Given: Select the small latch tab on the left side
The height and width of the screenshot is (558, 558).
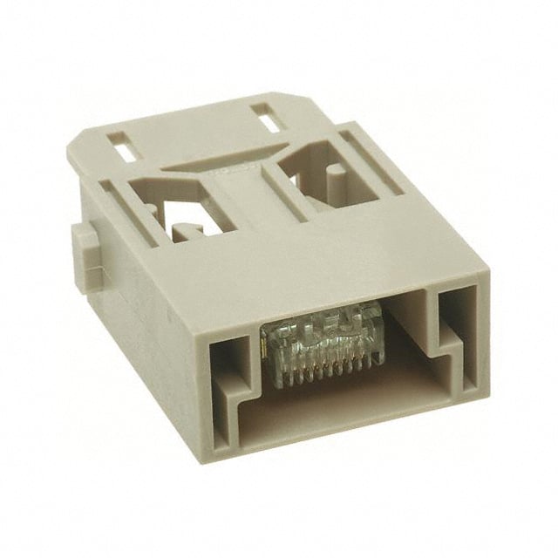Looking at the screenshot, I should click(x=82, y=258).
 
